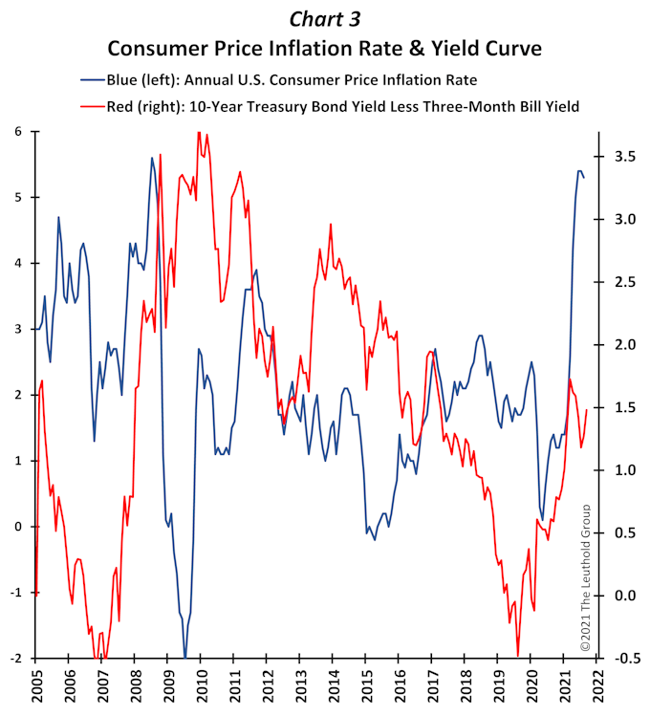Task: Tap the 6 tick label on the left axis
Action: coord(18,132)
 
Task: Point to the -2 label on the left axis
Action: coord(15,659)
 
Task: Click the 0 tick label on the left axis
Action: coord(18,527)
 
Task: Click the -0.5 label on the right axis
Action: coord(624,659)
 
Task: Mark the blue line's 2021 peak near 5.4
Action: coord(579,171)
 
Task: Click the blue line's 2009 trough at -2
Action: coord(185,658)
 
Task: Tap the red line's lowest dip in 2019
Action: coord(518,656)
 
